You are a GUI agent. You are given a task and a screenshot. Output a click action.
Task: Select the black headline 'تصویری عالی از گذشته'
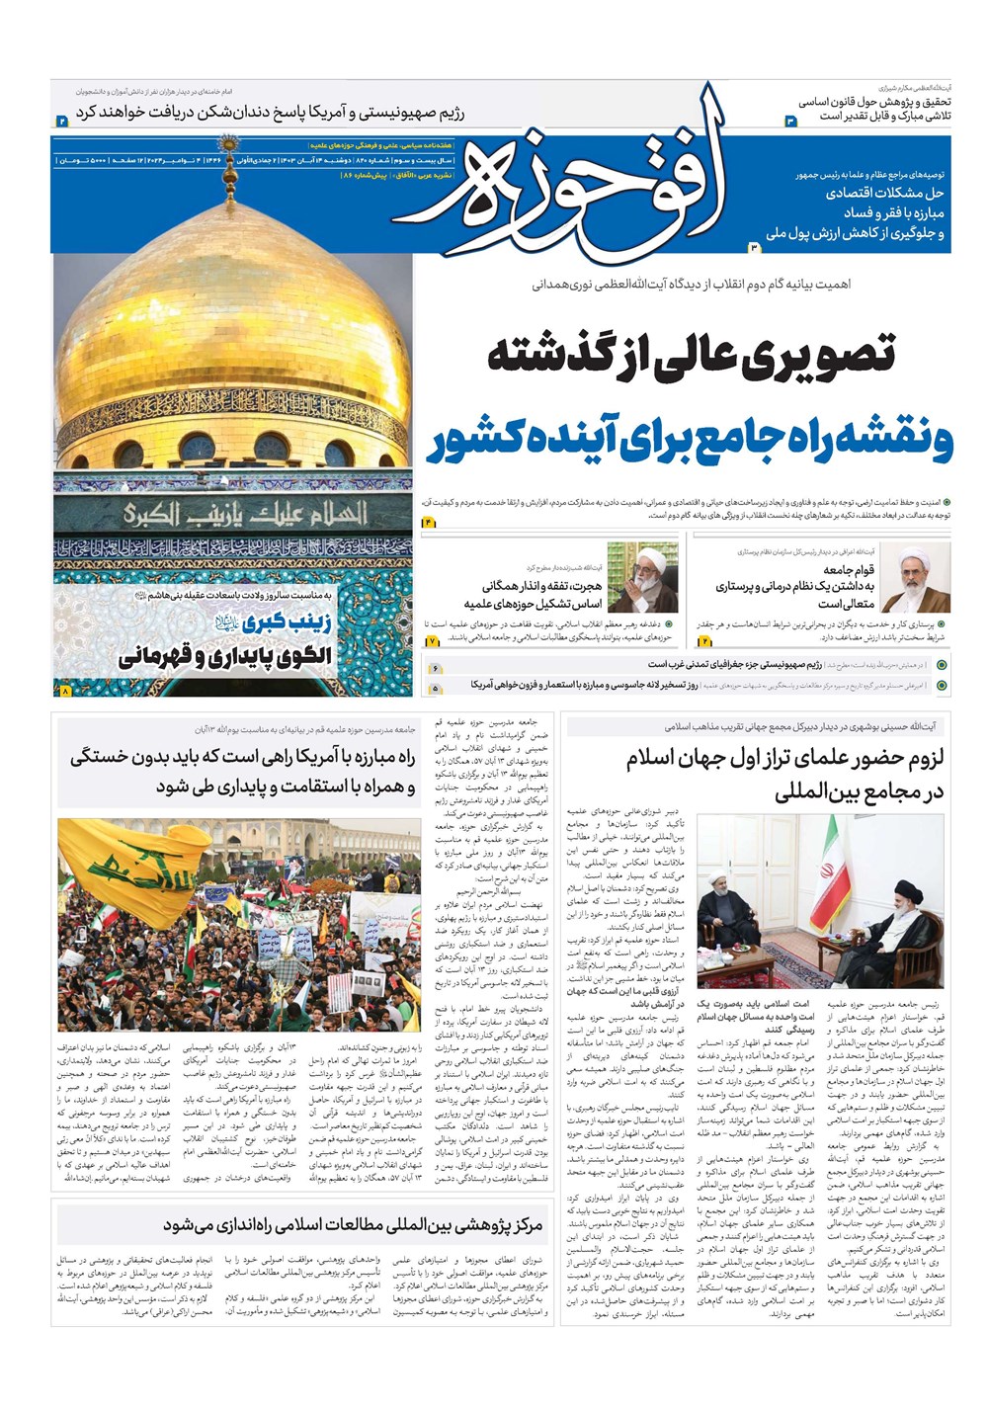(x=692, y=354)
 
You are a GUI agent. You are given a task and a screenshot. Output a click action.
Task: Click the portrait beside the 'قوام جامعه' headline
(x=914, y=577)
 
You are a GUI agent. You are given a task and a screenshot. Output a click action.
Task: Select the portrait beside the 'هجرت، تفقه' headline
(x=642, y=577)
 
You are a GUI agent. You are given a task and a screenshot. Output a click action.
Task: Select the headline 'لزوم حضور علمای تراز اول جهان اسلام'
(x=785, y=759)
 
